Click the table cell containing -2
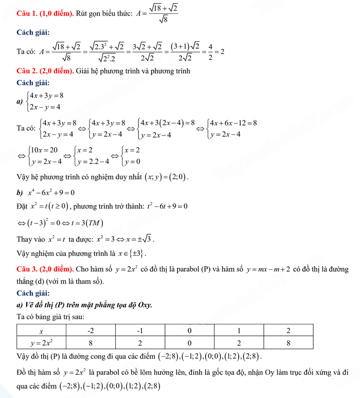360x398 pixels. click(x=90, y=331)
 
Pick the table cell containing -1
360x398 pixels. click(x=140, y=331)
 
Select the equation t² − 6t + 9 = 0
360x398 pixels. click(x=161, y=206)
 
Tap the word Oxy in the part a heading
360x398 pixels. click(x=143, y=305)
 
